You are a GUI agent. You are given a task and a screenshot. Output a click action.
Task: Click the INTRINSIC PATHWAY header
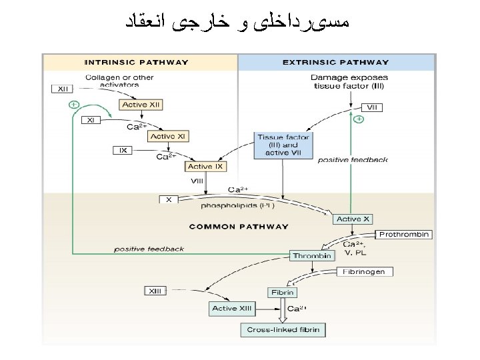pos(136,63)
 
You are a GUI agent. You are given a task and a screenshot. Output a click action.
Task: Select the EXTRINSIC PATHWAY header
pos(336,63)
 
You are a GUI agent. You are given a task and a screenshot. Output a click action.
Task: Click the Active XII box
pos(142,105)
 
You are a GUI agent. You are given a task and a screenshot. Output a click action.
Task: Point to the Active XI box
pos(169,136)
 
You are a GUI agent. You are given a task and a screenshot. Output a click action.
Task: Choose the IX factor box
pos(123,151)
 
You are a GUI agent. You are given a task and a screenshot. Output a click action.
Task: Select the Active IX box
pos(205,167)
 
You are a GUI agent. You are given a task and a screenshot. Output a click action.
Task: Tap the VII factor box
pos(372,107)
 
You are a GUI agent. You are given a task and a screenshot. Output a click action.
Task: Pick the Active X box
pos(353,219)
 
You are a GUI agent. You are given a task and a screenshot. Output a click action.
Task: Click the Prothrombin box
pos(404,235)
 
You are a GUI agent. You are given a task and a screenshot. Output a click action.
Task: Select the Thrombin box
pos(312,255)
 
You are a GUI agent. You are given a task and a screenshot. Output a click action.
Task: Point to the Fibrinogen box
pos(363,272)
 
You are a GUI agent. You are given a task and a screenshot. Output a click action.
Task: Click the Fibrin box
pos(282,292)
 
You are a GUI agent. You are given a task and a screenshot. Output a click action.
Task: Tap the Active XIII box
pos(232,308)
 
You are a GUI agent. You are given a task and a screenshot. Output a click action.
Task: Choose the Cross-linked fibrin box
pos(283,329)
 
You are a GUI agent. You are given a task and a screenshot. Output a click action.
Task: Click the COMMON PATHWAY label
pos(239,227)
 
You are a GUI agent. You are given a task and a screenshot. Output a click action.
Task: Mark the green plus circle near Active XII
pos(74,105)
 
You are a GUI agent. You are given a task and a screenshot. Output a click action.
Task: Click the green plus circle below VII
pos(359,120)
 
